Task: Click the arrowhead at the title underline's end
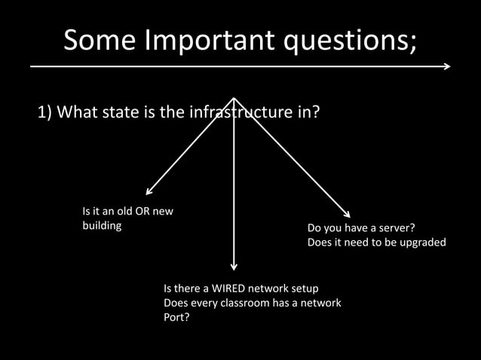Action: (447, 66)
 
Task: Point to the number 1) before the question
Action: (45, 113)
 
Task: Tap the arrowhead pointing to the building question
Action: (149, 193)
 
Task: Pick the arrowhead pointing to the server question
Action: (347, 215)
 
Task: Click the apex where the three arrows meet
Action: (234, 98)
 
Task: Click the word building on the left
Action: (102, 225)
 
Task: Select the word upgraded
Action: (421, 243)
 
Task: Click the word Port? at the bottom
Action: (176, 317)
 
